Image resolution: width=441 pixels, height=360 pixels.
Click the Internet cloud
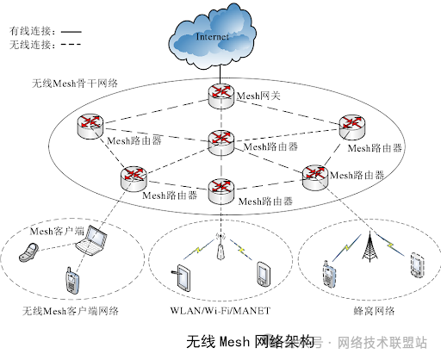point(212,36)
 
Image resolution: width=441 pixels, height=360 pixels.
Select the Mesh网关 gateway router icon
point(220,96)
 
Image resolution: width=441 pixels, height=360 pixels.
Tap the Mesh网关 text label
point(258,96)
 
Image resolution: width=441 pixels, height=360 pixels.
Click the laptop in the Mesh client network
point(91,240)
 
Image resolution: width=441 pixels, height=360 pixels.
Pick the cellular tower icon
point(370,247)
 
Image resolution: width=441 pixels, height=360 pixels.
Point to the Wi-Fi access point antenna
point(220,247)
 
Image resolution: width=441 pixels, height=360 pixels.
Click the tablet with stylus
point(182,277)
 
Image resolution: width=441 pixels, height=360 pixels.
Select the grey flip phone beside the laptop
point(28,252)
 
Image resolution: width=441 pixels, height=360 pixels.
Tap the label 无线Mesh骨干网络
point(75,84)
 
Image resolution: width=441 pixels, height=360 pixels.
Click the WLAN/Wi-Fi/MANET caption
point(220,311)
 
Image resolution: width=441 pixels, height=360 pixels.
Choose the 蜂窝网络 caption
point(374,311)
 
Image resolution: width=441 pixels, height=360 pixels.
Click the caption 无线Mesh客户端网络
point(71,311)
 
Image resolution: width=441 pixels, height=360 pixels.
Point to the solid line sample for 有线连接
point(71,32)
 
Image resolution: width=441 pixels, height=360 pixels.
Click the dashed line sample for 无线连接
point(71,44)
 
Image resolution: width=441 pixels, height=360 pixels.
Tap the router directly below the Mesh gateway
point(220,143)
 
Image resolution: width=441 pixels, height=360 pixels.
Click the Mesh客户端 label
point(57,231)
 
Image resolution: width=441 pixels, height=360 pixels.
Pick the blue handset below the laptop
point(71,281)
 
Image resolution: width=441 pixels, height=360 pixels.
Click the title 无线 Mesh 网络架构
point(251,342)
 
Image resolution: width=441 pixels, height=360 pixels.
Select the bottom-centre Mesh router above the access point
point(220,191)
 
